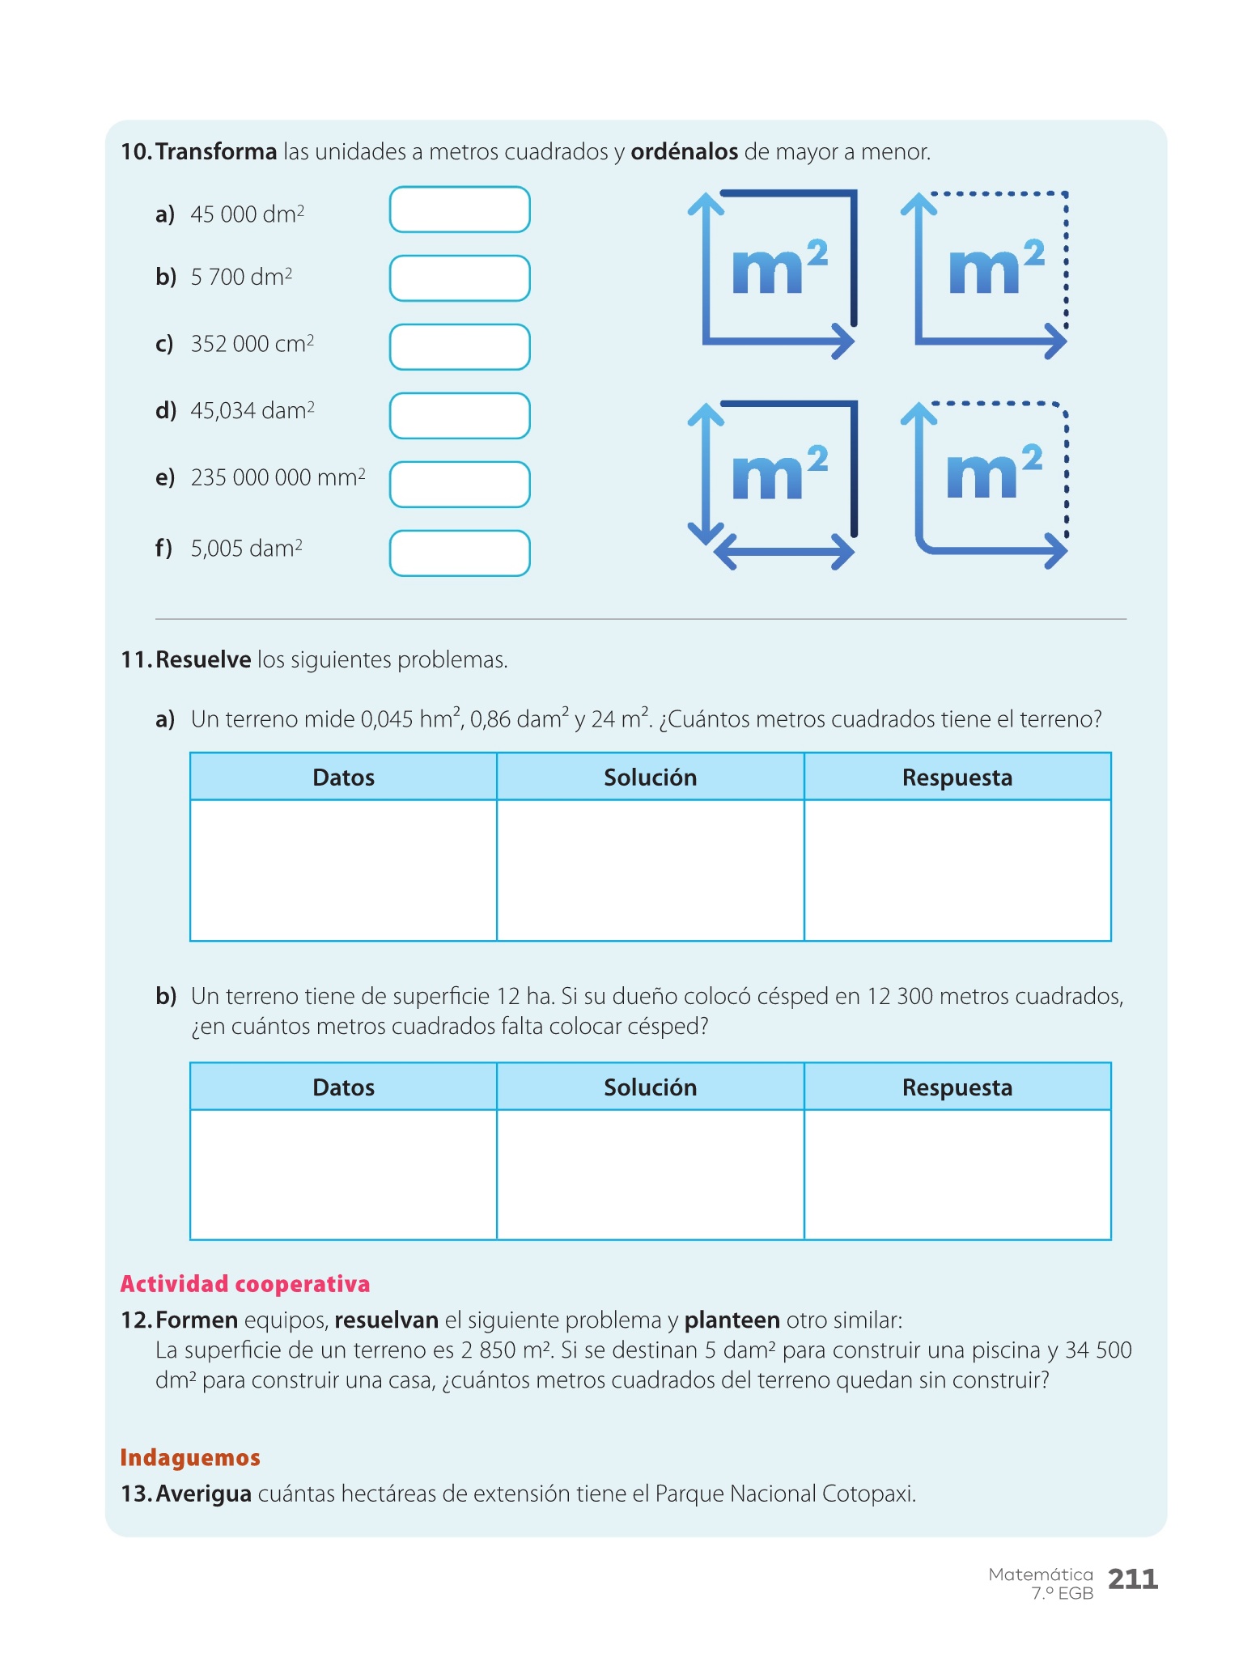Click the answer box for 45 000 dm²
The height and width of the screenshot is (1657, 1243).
460,210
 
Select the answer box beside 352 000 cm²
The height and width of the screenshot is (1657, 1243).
460,347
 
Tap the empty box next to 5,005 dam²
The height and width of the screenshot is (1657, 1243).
460,553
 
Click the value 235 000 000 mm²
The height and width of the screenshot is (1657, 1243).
278,477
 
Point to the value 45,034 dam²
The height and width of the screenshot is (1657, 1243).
252,411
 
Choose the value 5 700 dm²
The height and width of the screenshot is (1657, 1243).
241,278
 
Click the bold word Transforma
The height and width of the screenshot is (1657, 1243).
216,152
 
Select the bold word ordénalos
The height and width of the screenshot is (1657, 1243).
684,152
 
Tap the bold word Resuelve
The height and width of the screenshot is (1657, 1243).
203,660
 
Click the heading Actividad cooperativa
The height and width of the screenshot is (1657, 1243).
244,1284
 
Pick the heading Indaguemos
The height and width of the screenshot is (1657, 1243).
190,1458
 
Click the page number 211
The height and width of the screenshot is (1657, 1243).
1133,1579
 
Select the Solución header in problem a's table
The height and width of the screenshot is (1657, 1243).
650,778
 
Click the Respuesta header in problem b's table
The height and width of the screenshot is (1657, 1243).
957,1087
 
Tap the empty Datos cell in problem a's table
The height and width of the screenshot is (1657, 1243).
343,871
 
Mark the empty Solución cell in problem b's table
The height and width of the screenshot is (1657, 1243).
650,1174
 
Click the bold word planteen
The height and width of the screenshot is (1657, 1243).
732,1320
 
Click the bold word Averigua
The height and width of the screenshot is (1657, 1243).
203,1494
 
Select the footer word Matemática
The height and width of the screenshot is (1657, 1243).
1040,1574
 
